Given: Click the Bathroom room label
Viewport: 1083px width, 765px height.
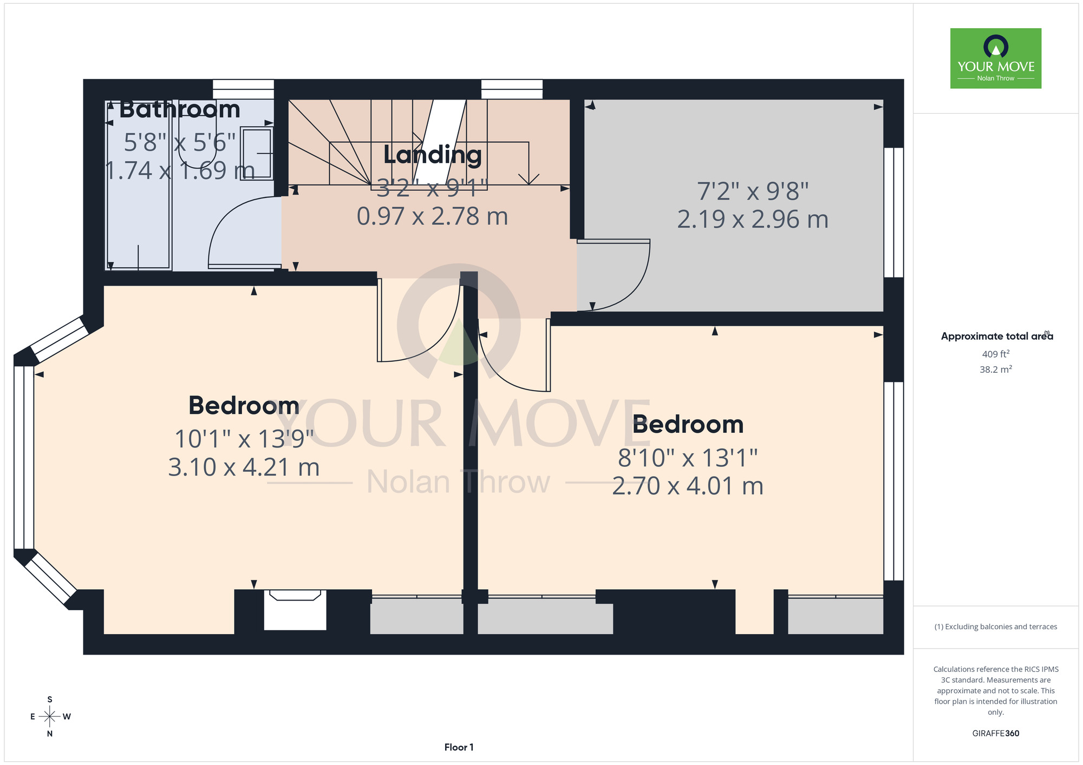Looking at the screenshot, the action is click(180, 109).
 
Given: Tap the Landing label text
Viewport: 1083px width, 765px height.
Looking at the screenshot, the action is click(433, 155).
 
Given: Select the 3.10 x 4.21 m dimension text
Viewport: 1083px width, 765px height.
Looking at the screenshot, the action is click(244, 467).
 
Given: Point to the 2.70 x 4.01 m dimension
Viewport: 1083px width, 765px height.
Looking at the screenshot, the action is click(688, 486).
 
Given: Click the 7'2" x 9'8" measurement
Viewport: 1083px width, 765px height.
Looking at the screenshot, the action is click(753, 191).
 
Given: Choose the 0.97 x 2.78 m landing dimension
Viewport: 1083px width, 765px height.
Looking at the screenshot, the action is click(433, 216).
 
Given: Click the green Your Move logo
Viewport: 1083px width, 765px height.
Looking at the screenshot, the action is click(996, 58).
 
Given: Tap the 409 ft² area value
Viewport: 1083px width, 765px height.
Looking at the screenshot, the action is click(996, 354).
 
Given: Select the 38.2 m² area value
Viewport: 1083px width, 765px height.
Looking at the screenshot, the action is click(996, 370).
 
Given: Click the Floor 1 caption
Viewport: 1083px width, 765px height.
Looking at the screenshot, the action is click(459, 747).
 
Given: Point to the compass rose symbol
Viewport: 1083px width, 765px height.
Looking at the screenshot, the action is click(50, 717).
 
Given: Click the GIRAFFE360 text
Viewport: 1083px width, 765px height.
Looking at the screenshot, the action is click(996, 734).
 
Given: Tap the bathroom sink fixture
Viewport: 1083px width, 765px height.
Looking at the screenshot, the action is click(256, 154).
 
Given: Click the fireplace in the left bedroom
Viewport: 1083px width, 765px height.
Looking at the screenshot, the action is click(295, 609).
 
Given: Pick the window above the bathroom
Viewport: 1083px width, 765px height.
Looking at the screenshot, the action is click(243, 89).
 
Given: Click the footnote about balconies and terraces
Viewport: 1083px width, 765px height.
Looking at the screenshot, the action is click(996, 626).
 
